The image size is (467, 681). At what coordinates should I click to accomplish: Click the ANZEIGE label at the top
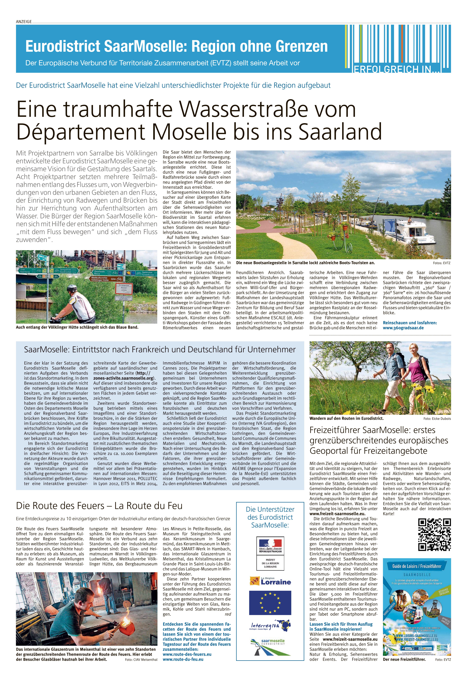click(x=24, y=21)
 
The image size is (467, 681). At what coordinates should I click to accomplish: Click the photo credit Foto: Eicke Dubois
click(x=437, y=419)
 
